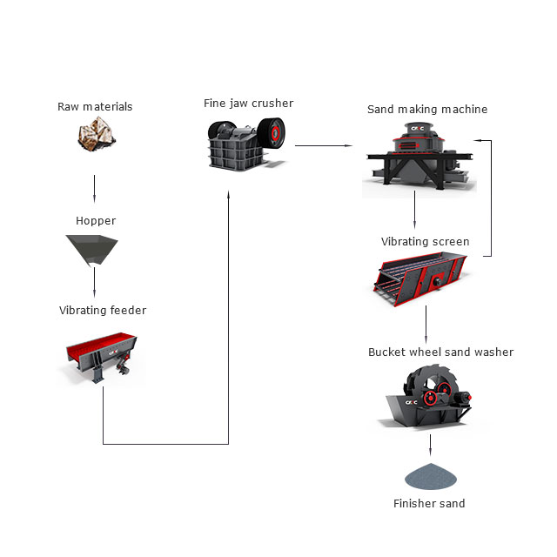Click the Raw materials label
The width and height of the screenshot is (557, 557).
click(95, 107)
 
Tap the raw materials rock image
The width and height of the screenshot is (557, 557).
click(94, 138)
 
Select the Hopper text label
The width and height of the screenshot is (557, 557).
click(96, 221)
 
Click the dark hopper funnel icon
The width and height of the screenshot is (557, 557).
click(94, 250)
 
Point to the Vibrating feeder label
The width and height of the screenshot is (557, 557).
click(103, 310)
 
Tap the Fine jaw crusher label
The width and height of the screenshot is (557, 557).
click(248, 104)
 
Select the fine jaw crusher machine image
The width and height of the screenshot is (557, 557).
click(247, 144)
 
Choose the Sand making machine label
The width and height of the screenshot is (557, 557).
click(427, 110)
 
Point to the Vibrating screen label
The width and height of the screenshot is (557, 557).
click(426, 242)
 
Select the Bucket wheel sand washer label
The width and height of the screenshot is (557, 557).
click(440, 352)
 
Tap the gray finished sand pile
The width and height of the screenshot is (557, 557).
click(428, 475)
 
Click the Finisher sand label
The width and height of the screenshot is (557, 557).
click(428, 504)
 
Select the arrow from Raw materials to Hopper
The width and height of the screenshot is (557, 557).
click(94, 187)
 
